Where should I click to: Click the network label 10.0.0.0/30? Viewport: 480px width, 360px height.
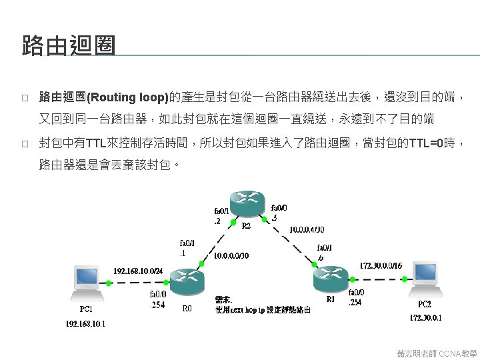click(x=231, y=255)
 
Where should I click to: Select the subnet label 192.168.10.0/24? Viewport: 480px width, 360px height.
click(x=138, y=271)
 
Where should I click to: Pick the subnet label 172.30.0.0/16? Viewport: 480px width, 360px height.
click(x=381, y=265)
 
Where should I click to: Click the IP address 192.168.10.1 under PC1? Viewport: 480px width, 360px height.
click(x=85, y=323)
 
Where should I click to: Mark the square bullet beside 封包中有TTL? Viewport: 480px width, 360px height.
click(x=24, y=143)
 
